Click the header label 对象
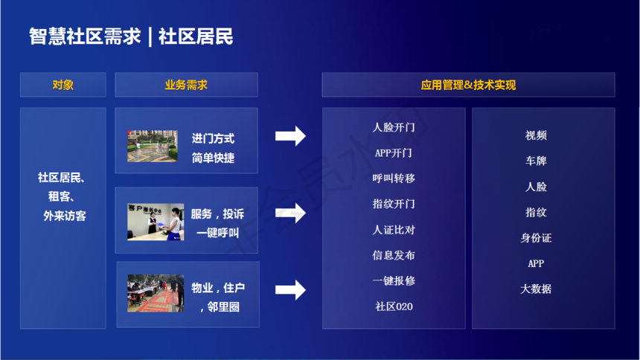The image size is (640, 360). pyautogui.click(x=63, y=85)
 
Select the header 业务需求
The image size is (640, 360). pyautogui.click(x=186, y=85)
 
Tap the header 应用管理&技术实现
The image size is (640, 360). pyautogui.click(x=468, y=85)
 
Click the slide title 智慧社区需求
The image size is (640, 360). pyautogui.click(x=85, y=36)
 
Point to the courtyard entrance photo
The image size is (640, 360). pyautogui.click(x=153, y=146)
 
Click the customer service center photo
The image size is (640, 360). pyautogui.click(x=156, y=222)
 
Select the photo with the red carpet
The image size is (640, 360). pyautogui.click(x=156, y=293)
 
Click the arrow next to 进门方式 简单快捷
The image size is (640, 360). pyautogui.click(x=290, y=136)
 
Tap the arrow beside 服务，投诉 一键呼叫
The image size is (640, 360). pyautogui.click(x=290, y=213)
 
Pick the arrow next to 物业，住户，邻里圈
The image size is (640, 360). pyautogui.click(x=290, y=290)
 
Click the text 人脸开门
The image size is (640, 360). pyautogui.click(x=394, y=127)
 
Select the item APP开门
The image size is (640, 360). pyautogui.click(x=394, y=153)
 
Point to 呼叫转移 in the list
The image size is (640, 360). pyautogui.click(x=394, y=179)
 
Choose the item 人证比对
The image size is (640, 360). pyautogui.click(x=394, y=230)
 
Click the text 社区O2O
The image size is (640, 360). pyautogui.click(x=394, y=306)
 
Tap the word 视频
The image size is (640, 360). pyautogui.click(x=536, y=135)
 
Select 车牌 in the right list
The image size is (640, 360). pyautogui.click(x=536, y=161)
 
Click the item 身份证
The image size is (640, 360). pyautogui.click(x=536, y=238)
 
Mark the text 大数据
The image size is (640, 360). pyautogui.click(x=536, y=289)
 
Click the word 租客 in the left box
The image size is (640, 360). pyautogui.click(x=59, y=196)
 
